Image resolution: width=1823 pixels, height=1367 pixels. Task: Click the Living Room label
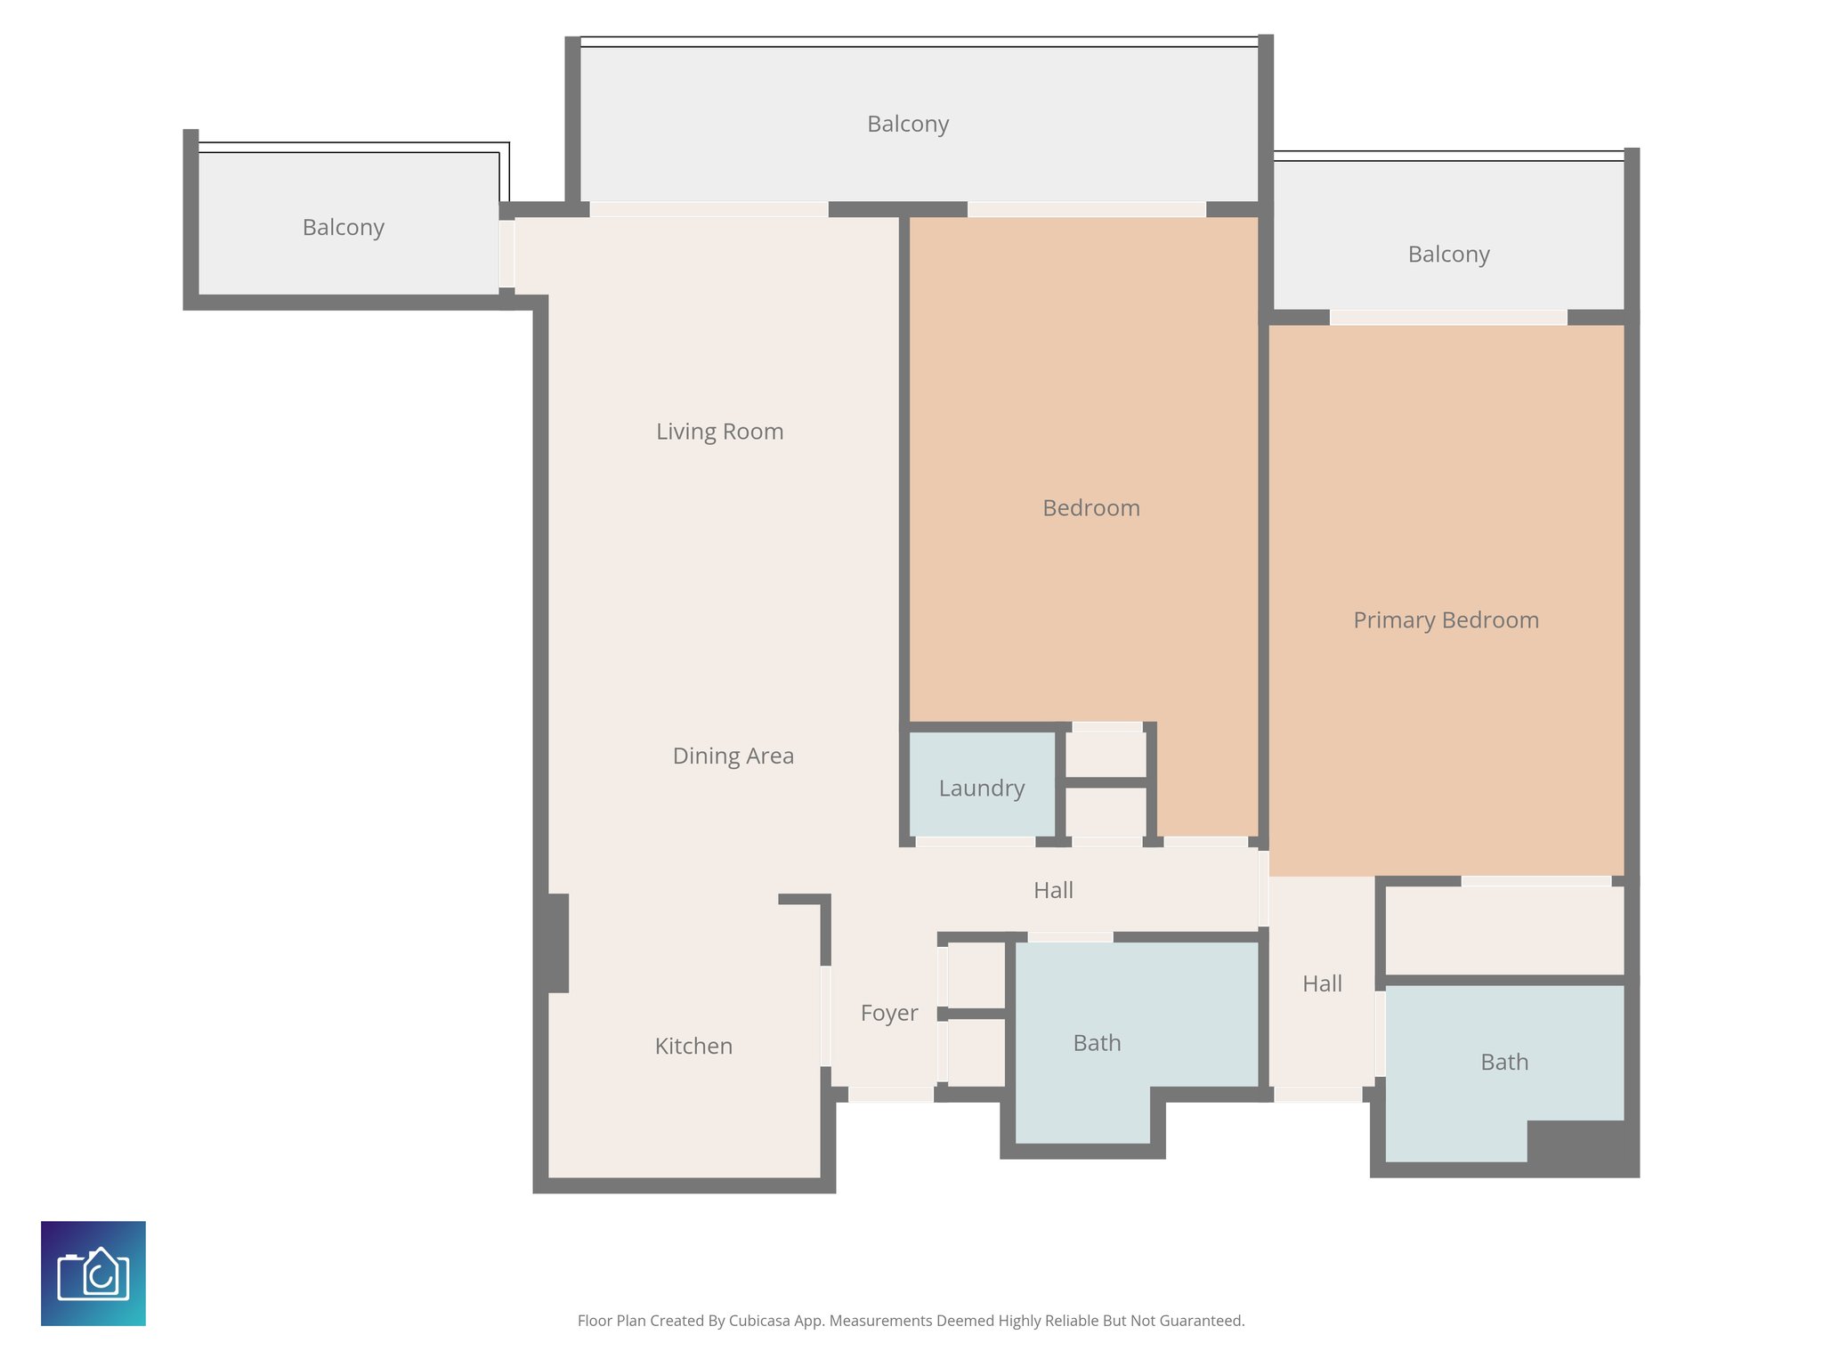pos(719,432)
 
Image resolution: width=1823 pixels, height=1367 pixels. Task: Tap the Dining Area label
pos(733,756)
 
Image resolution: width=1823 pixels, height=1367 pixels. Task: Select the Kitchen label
pos(693,1046)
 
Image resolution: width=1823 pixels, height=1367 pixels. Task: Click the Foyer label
pos(888,1013)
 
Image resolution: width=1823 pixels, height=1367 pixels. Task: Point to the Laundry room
pos(982,788)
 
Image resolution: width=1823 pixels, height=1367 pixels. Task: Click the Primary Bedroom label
pos(1446,620)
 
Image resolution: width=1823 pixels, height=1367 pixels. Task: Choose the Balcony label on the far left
pos(343,227)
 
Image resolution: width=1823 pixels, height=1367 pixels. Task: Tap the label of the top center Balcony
pos(907,124)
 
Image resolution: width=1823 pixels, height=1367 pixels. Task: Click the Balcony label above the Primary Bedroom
pos(1448,255)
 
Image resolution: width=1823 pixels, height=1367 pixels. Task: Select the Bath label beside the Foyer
pos(1097,1043)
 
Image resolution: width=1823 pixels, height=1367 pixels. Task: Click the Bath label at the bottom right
pos(1504,1062)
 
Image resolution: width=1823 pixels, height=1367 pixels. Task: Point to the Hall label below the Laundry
pos(1053,890)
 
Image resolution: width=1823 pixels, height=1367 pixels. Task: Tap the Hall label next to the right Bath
pos(1322,983)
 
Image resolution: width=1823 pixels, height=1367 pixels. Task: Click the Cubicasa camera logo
pos(93,1274)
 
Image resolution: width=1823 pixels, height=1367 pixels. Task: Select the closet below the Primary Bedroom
pos(1504,930)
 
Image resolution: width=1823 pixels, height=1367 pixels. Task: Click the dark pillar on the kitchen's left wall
pos(557,943)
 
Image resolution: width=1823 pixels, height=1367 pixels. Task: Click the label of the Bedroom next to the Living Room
pos(1090,508)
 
